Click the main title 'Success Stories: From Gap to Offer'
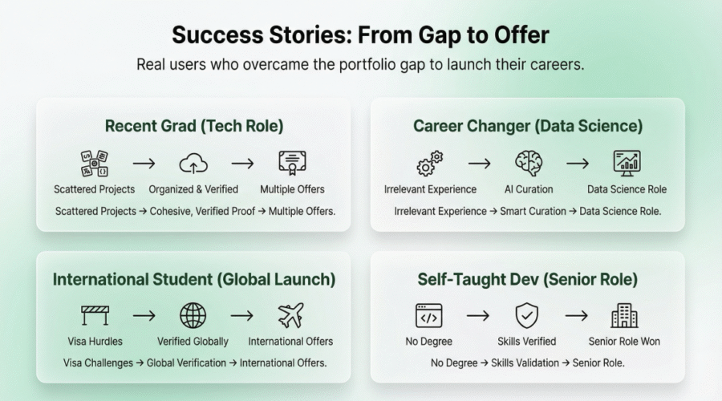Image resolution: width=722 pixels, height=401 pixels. click(360, 35)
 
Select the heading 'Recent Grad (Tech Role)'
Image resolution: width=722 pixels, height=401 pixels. click(193, 126)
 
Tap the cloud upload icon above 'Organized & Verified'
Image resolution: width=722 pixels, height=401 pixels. click(193, 163)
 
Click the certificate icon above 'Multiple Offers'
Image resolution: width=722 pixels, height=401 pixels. click(292, 163)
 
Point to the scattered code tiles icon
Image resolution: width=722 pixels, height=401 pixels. click(95, 163)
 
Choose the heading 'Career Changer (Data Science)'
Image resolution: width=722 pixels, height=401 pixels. click(528, 126)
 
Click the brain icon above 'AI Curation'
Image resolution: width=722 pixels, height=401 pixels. click(529, 163)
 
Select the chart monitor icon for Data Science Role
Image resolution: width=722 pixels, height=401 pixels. click(627, 163)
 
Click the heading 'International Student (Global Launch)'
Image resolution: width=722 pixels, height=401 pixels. click(194, 279)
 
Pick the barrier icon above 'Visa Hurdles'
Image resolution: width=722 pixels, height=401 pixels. click(95, 315)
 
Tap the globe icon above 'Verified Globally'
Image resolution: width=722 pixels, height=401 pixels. click(193, 315)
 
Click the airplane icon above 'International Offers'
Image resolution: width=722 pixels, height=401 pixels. click(290, 315)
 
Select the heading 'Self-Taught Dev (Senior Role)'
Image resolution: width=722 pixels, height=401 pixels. click(528, 279)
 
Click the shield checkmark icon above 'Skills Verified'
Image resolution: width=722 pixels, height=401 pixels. click(527, 315)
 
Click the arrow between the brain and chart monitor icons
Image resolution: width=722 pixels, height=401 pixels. click(577, 164)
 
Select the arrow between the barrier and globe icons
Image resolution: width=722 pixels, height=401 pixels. click(144, 316)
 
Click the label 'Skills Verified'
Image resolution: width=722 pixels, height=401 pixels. click(527, 342)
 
